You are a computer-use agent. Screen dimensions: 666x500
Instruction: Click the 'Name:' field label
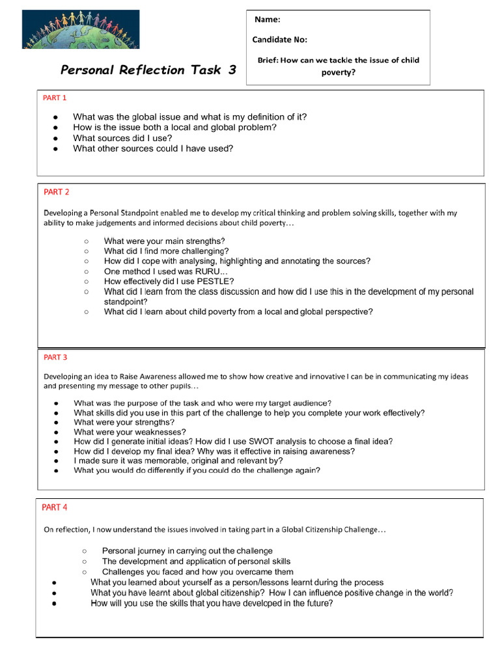tap(268, 20)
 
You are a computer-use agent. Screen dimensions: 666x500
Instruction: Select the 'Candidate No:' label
tap(279, 40)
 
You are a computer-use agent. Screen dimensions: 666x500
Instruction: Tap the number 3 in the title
tap(232, 70)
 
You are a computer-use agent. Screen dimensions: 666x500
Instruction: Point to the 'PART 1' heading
tap(55, 98)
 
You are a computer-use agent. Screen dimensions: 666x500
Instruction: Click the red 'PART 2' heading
tap(56, 192)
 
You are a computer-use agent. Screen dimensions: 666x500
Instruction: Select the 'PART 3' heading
tap(55, 357)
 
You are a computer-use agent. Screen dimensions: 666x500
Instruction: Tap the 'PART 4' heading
tap(55, 507)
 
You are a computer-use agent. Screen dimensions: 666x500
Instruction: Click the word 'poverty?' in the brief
tap(339, 72)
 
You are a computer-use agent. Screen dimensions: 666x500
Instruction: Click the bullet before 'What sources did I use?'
tap(57, 139)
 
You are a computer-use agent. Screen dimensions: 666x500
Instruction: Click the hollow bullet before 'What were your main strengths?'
tap(86, 241)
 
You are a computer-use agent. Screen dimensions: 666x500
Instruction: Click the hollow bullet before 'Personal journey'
tap(84, 552)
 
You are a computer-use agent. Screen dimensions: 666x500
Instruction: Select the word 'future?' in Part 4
tap(317, 604)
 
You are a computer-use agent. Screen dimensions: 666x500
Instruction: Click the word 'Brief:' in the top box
tap(268, 60)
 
